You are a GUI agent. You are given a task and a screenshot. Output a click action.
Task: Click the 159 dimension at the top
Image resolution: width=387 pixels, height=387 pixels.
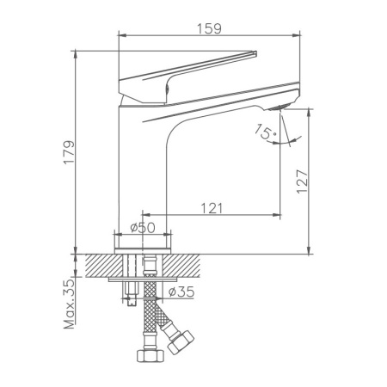tap(209, 28)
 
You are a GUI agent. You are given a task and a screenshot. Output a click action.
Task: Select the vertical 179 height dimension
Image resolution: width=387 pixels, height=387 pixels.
tap(68, 153)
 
